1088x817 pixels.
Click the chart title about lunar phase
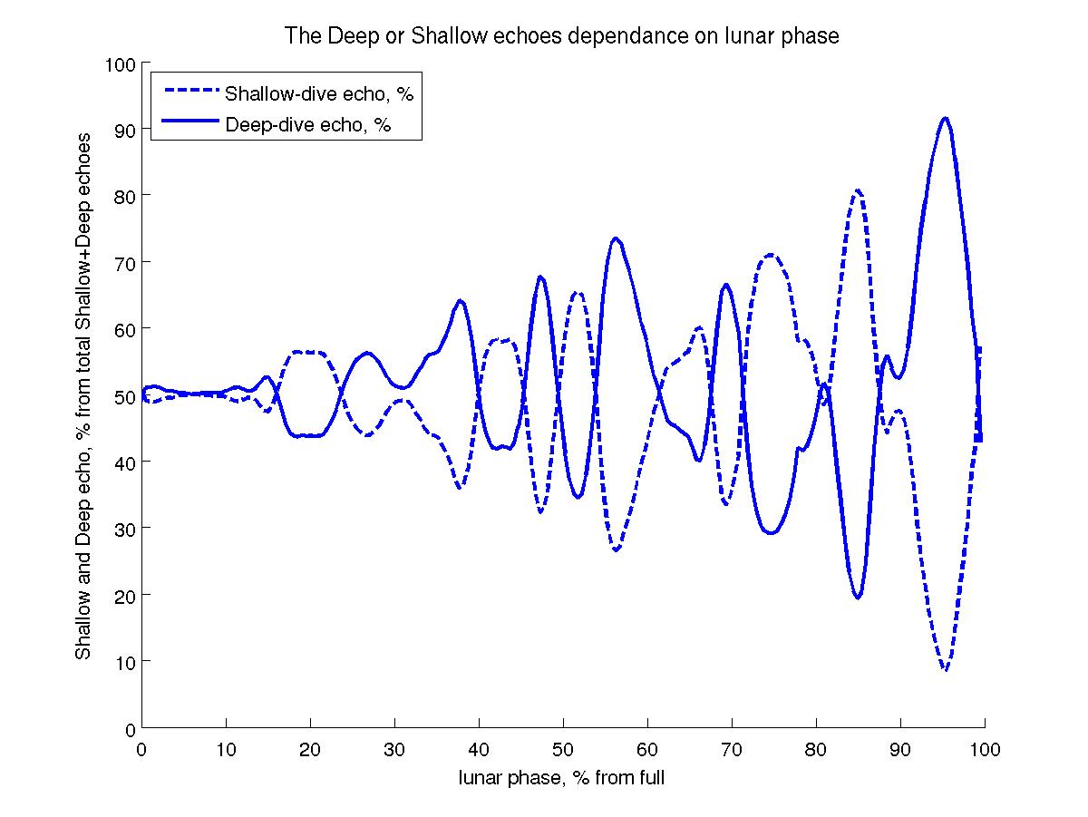click(x=562, y=36)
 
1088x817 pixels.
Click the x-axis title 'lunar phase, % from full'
click(x=562, y=777)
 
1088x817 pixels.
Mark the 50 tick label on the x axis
click(x=563, y=750)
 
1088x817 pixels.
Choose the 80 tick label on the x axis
click(x=816, y=750)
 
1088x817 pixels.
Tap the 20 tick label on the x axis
click(x=310, y=750)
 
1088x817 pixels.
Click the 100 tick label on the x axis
click(x=985, y=750)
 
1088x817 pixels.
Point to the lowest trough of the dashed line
click(x=946, y=670)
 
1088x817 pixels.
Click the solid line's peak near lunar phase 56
click(x=616, y=238)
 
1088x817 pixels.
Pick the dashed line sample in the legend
click(x=190, y=92)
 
